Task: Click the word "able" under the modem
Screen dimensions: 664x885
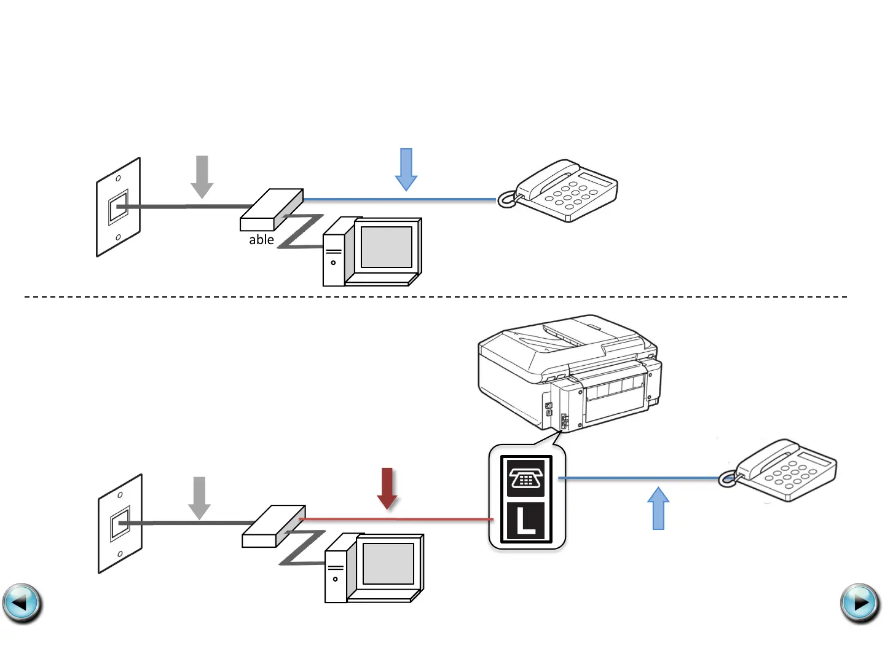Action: click(x=261, y=240)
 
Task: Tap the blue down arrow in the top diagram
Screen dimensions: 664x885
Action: click(x=406, y=169)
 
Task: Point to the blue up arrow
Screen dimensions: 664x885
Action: click(x=658, y=508)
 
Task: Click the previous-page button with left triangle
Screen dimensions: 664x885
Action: click(x=22, y=603)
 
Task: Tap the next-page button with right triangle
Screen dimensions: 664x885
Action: click(x=860, y=603)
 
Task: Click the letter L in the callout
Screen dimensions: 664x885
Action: click(x=526, y=521)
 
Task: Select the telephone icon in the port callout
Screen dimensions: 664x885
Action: click(x=526, y=477)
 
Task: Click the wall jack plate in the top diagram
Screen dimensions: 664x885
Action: click(x=118, y=207)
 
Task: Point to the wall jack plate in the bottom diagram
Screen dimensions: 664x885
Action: click(x=120, y=524)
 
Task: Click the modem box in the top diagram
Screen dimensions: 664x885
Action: click(x=271, y=210)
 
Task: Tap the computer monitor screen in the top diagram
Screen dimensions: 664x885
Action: click(x=387, y=247)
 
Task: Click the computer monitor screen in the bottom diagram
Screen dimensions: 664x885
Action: click(x=388, y=564)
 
